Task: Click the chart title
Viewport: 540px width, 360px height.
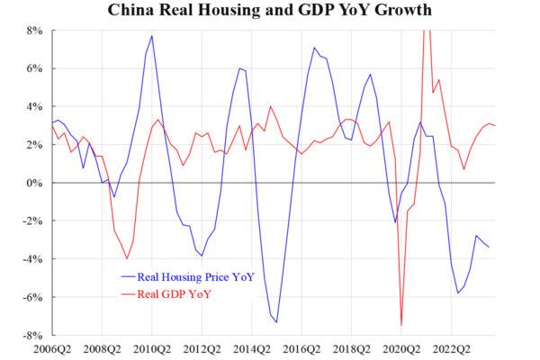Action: coord(269,11)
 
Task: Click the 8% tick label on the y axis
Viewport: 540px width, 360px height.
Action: coord(33,30)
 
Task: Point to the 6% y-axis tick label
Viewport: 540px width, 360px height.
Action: coord(33,68)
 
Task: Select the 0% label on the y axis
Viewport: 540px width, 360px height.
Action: coord(33,183)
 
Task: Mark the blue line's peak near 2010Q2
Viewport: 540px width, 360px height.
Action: coord(152,36)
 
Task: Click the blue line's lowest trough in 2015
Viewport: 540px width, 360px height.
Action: coord(276,322)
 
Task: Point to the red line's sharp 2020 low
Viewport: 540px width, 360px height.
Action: coord(401,325)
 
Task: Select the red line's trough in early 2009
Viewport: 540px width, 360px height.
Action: coord(127,258)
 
